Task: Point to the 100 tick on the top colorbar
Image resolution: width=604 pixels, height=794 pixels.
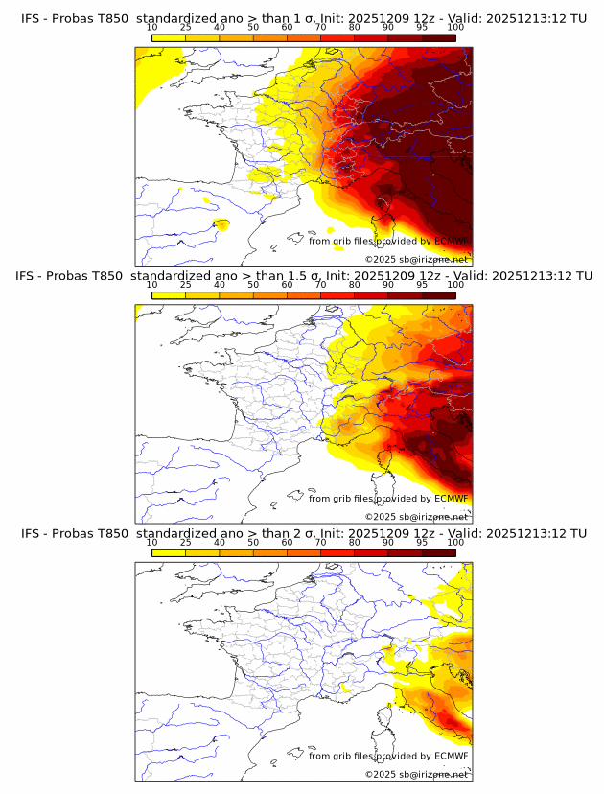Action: point(455,27)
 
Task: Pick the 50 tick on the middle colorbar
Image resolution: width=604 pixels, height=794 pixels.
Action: point(253,284)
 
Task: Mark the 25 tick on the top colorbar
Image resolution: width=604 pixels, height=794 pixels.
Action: point(185,27)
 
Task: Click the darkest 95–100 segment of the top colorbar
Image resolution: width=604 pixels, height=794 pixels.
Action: point(438,37)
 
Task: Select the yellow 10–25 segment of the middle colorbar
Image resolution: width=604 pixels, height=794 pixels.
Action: point(169,294)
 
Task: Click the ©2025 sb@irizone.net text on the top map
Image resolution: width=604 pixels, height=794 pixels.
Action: point(416,259)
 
